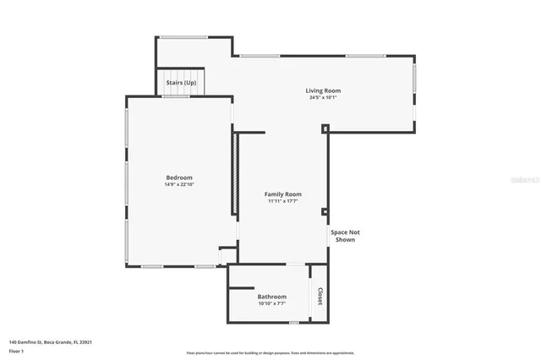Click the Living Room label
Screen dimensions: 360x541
click(x=323, y=90)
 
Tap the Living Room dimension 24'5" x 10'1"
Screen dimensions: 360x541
click(x=323, y=97)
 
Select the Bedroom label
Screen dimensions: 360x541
click(x=179, y=177)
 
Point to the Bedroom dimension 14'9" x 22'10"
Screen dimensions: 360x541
click(x=179, y=184)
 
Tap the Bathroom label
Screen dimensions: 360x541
click(x=272, y=297)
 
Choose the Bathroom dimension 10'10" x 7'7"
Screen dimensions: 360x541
click(x=272, y=303)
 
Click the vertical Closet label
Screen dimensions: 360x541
click(x=320, y=296)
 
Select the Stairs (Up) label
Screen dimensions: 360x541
click(x=181, y=83)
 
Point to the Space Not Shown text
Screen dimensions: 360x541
click(x=343, y=236)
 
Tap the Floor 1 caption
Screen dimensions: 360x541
click(x=17, y=350)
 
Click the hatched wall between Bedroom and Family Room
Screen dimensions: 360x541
click(x=234, y=173)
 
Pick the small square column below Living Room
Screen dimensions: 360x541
click(x=325, y=128)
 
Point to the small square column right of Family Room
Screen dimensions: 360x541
click(x=325, y=212)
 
